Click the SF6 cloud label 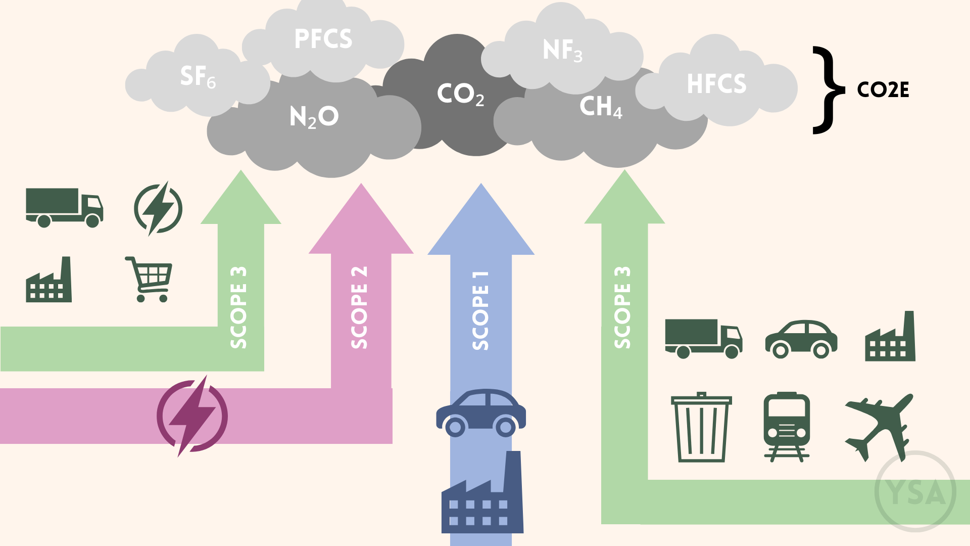tap(198, 76)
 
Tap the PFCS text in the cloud tap(323, 39)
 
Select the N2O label tap(314, 117)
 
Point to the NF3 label tap(562, 51)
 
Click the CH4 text tap(600, 107)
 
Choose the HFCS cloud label tap(716, 84)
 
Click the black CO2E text tap(883, 90)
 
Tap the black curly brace tap(828, 90)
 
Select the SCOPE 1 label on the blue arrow tap(480, 310)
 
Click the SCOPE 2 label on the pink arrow tap(359, 307)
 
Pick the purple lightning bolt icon tap(192, 416)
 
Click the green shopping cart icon tap(150, 279)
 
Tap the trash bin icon tap(701, 427)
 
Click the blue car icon tap(481, 413)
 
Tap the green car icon tap(801, 339)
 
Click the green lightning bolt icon tap(158, 208)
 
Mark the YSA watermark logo tap(915, 491)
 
